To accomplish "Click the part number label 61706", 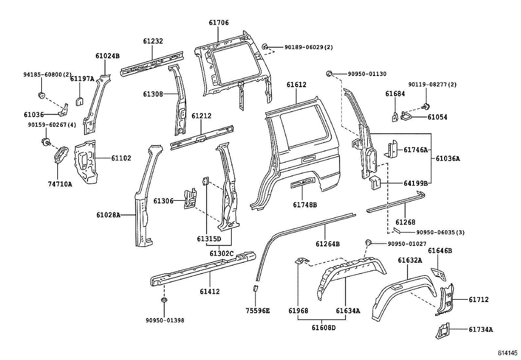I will [219, 23].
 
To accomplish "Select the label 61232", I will [153, 41].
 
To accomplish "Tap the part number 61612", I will [296, 85].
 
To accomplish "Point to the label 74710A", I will [60, 184].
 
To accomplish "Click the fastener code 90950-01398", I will [165, 320].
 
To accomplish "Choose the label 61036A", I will [448, 159].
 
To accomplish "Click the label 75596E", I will [258, 311].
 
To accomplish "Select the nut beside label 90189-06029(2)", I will [266, 46].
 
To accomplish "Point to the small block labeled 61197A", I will [80, 100].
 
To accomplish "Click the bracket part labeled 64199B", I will [375, 182].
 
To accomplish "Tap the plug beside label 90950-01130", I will [330, 74].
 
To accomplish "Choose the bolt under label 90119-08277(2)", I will [426, 106].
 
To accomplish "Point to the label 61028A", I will [108, 215].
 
